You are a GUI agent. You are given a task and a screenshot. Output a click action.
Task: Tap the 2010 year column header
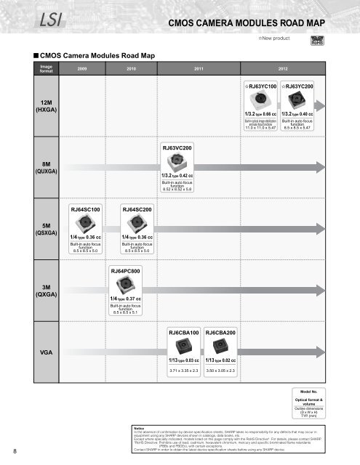(x=131, y=68)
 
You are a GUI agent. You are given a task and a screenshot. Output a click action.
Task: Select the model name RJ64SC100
(x=84, y=209)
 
